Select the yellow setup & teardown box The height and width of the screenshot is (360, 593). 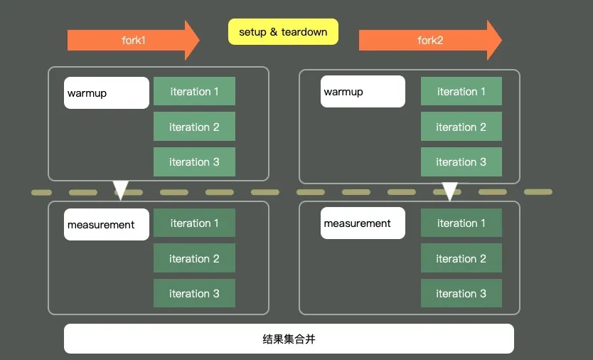[x=283, y=32]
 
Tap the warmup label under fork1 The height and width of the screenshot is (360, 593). [x=107, y=93]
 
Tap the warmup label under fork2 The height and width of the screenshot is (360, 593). [x=363, y=92]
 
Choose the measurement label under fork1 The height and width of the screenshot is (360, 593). [x=107, y=225]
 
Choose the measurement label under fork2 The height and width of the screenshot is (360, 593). [x=363, y=223]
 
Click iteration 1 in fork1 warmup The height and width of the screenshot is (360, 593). [x=194, y=92]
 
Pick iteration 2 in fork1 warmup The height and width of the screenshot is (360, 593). [x=194, y=127]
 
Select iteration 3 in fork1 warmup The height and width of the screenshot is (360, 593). [x=194, y=162]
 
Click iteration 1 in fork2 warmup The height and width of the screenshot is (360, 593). [x=461, y=92]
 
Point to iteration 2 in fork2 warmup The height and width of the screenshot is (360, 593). [x=461, y=127]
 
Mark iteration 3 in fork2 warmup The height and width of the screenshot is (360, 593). [x=461, y=162]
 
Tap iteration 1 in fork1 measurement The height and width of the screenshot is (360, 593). [x=194, y=223]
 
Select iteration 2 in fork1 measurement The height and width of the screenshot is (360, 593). [x=194, y=259]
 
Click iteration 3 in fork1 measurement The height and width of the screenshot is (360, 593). [x=194, y=294]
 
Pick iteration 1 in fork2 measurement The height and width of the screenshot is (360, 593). [x=461, y=223]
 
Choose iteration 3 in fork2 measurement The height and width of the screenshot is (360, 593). [x=461, y=294]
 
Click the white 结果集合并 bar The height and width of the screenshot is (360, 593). [x=289, y=339]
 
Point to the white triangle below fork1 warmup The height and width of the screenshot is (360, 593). [x=121, y=189]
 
